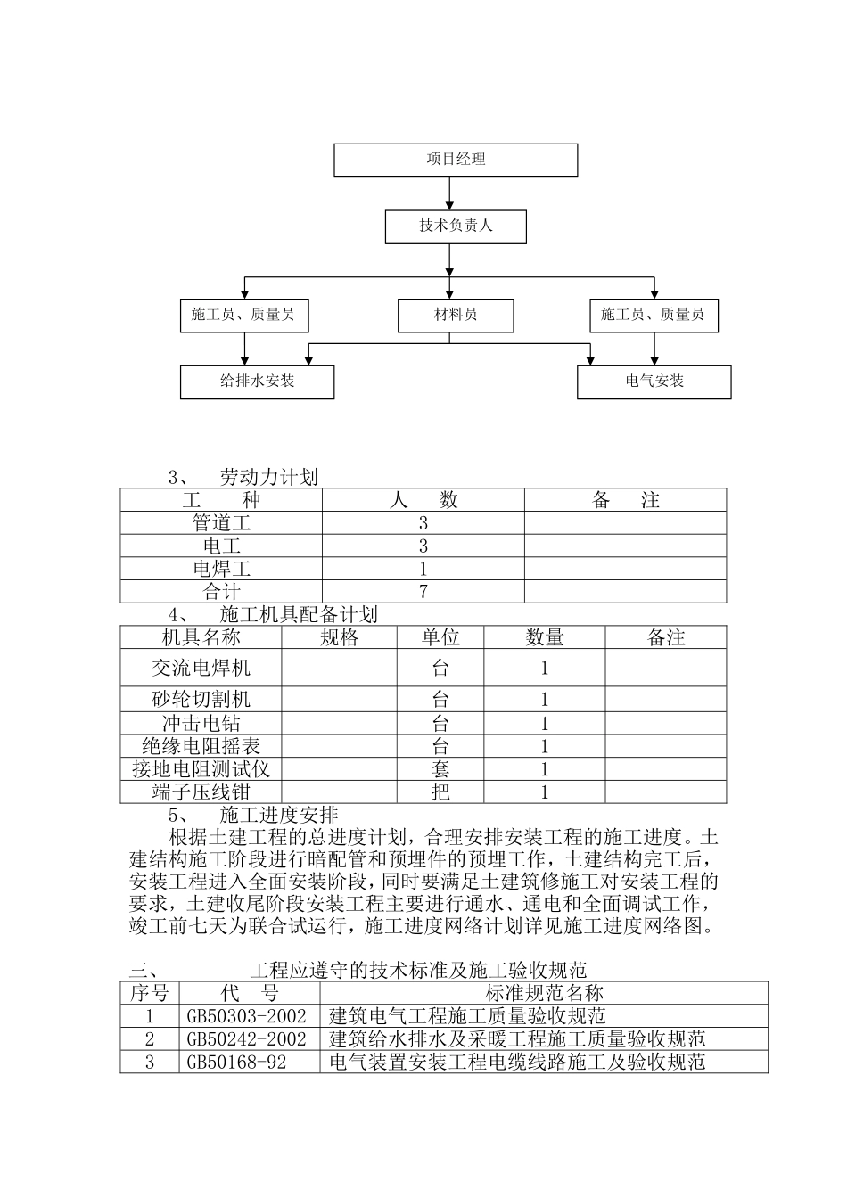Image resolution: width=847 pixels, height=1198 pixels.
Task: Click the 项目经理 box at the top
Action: pyautogui.click(x=456, y=160)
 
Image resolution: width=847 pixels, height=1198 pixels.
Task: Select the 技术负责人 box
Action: pyautogui.click(x=456, y=226)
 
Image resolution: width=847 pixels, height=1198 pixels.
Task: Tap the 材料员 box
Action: pyautogui.click(x=456, y=315)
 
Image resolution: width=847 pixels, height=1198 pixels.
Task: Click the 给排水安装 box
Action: pyautogui.click(x=257, y=382)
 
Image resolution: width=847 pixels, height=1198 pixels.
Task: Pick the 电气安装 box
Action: pyautogui.click(x=654, y=382)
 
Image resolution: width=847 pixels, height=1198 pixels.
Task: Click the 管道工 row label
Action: pyautogui.click(x=222, y=523)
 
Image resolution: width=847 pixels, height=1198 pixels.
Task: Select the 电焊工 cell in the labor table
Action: pyautogui.click(x=222, y=569)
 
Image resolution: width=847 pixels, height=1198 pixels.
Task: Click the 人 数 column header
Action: pyautogui.click(x=423, y=500)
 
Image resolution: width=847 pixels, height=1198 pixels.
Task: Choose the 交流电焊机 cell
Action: pyautogui.click(x=201, y=668)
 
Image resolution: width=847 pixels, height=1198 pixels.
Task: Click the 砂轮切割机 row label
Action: pyautogui.click(x=201, y=700)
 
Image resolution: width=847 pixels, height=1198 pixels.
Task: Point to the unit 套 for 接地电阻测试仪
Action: pyautogui.click(x=440, y=769)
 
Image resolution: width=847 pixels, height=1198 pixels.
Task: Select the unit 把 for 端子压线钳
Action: pyautogui.click(x=440, y=792)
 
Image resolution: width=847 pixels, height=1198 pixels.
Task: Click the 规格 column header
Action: pyautogui.click(x=339, y=637)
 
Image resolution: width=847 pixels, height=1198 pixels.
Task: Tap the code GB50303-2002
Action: pyautogui.click(x=246, y=1016)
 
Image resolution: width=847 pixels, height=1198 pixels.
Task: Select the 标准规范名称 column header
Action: pyautogui.click(x=544, y=993)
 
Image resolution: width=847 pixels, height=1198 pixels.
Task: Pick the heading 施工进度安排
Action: pyautogui.click(x=278, y=815)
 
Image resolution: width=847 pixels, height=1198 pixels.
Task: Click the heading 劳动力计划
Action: pyautogui.click(x=268, y=478)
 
